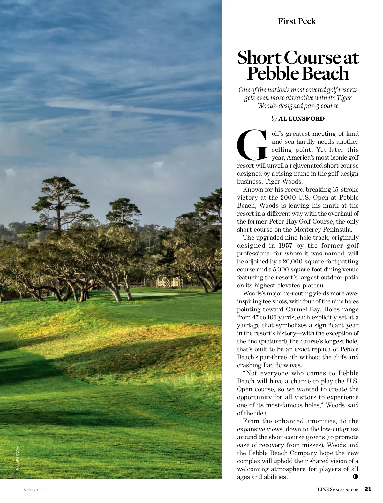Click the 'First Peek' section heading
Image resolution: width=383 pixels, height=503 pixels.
click(297, 21)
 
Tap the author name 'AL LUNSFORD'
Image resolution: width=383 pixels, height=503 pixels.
click(301, 119)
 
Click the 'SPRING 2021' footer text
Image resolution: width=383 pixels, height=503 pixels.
click(34, 490)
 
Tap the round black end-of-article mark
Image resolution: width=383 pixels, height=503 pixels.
click(356, 476)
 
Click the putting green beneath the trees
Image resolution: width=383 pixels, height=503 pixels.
click(153, 294)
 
